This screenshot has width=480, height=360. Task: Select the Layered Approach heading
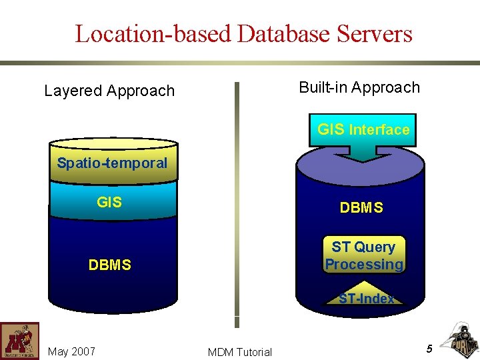click(109, 91)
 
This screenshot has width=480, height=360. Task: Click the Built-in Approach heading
click(359, 87)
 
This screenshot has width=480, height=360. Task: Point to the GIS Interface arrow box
click(363, 130)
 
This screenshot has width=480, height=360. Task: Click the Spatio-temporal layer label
click(112, 163)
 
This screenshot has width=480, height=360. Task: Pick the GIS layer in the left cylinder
click(109, 201)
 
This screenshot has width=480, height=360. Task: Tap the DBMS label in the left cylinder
click(109, 265)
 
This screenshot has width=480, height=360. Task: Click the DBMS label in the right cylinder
click(361, 208)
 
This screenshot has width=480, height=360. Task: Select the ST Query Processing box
click(364, 256)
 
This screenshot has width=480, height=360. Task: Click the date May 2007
click(71, 351)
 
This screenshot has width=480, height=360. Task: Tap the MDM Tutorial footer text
click(240, 352)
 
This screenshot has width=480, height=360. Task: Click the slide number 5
click(429, 348)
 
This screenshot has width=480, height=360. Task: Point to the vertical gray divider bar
click(236, 200)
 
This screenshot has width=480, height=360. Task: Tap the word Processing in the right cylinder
click(364, 265)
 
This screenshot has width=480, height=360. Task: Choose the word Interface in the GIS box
click(379, 130)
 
